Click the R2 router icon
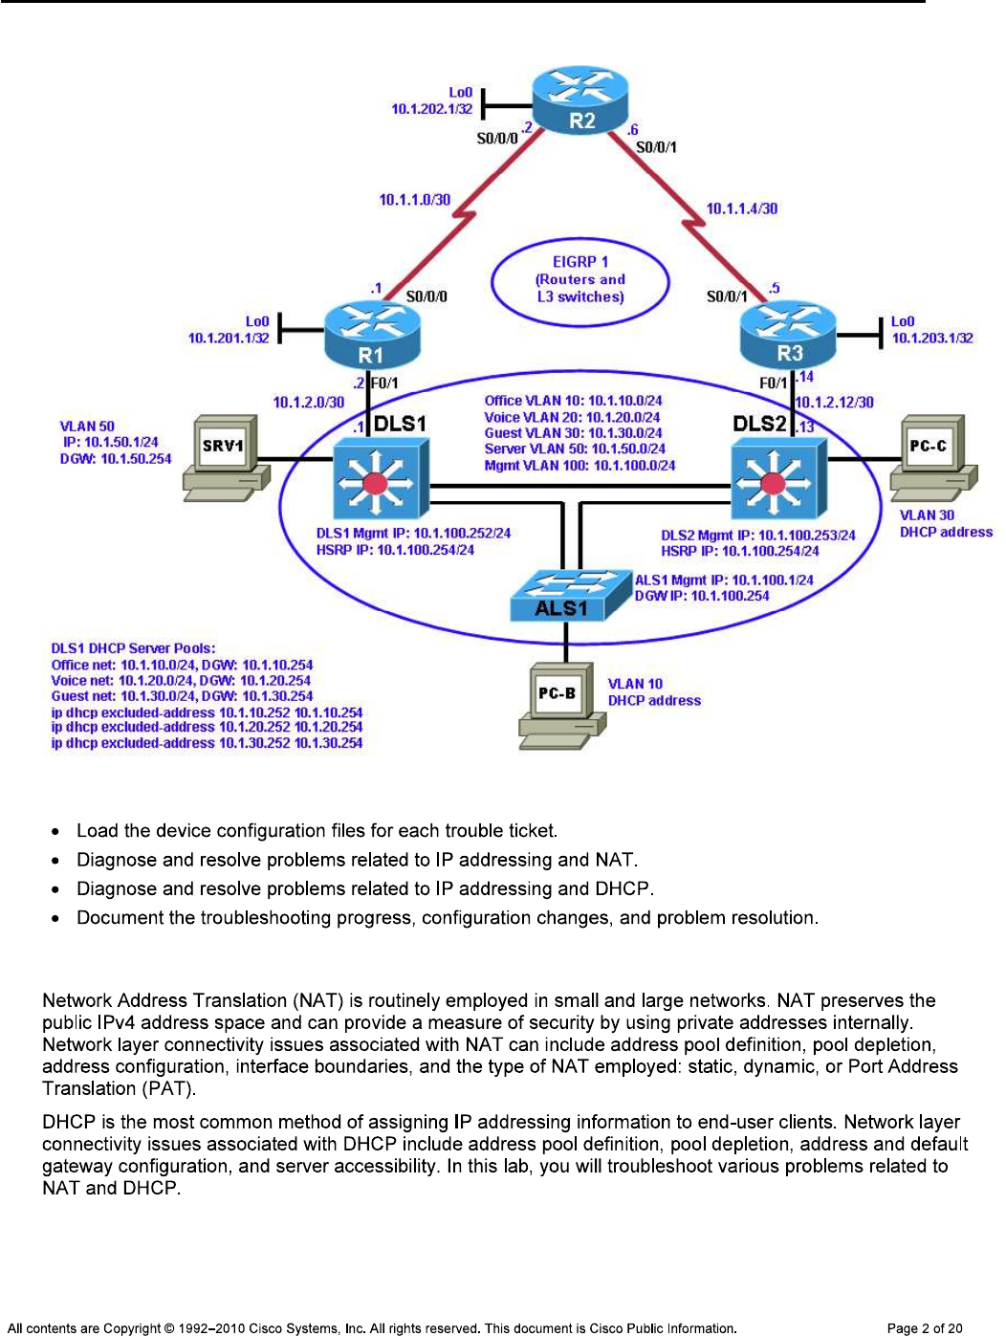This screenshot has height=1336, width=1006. coord(580,100)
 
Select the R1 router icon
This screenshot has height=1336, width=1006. coord(372,335)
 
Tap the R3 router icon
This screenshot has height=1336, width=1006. coord(788,335)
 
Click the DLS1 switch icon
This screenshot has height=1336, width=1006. coord(381,478)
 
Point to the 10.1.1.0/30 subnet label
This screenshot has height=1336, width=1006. coord(414,200)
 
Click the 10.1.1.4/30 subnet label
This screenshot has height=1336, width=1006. coord(741,208)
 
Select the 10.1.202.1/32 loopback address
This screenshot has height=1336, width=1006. coord(431,109)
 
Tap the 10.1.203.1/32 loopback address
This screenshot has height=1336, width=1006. coord(931,338)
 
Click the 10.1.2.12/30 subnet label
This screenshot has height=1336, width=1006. coord(835,403)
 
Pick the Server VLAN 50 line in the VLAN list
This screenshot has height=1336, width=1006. coord(575,449)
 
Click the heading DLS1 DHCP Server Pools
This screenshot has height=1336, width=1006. coord(133,648)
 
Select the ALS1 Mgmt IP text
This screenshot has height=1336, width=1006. coord(724,580)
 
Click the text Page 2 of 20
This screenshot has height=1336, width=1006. coord(924,1327)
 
